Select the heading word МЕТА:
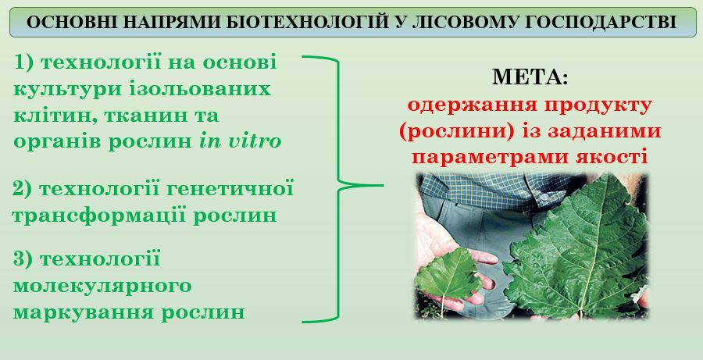530,77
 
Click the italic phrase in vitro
240,141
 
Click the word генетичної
230,189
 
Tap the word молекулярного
102,287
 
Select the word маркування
84,313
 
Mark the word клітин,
55,116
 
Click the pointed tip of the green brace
383,185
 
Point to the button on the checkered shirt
544,197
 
